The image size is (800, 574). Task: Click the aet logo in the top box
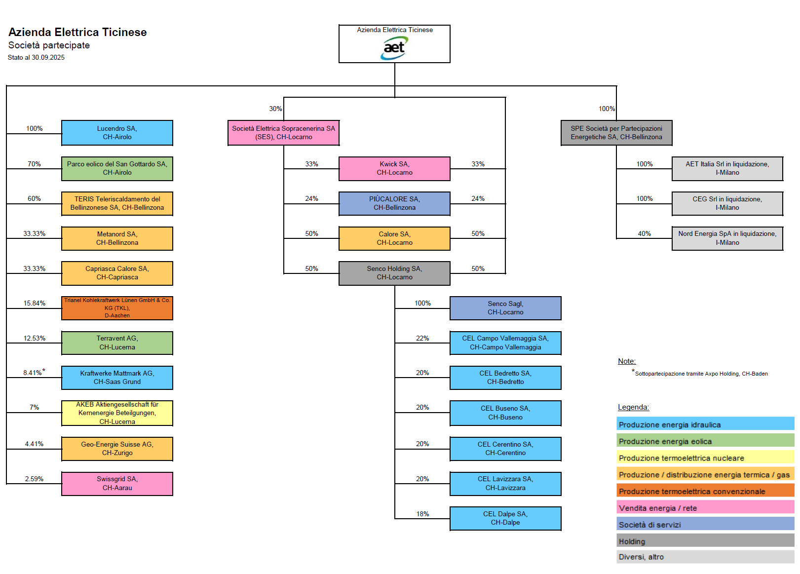[x=394, y=48]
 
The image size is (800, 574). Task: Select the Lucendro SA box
[x=117, y=133]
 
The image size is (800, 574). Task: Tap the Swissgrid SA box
[x=117, y=484]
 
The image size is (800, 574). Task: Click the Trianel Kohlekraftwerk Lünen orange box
[x=117, y=308]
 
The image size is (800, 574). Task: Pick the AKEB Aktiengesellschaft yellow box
[x=117, y=413]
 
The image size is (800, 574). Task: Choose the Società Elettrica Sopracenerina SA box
[x=283, y=133]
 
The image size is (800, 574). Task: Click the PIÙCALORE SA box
[x=394, y=203]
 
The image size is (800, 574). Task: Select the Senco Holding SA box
[x=394, y=273]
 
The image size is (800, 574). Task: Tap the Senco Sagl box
[x=505, y=308]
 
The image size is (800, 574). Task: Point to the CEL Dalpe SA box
[x=505, y=518]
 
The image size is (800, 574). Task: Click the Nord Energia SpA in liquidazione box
[x=727, y=238]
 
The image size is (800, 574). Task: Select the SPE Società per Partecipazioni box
[x=616, y=133]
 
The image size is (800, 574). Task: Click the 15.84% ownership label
[x=35, y=304]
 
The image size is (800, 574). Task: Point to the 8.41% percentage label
[x=33, y=373]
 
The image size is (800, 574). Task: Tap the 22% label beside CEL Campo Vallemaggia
[x=422, y=339]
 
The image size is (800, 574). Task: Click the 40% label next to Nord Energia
[x=644, y=234]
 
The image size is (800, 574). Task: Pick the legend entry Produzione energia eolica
[x=665, y=442]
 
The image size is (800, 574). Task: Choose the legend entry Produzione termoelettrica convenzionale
[x=692, y=492]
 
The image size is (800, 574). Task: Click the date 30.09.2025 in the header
[x=48, y=58]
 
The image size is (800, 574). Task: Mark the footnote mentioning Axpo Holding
[x=701, y=374]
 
